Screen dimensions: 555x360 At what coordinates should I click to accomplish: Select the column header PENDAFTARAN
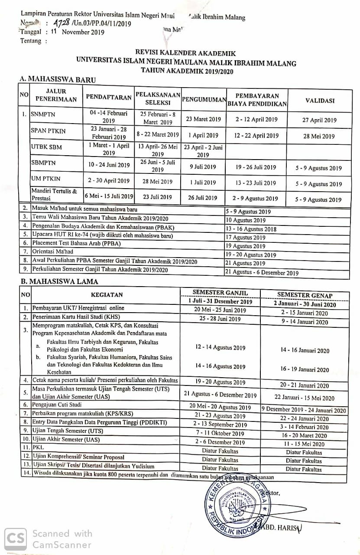coord(108,97)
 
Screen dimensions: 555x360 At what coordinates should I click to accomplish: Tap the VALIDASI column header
coord(320,101)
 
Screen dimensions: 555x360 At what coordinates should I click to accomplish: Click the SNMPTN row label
coord(43,115)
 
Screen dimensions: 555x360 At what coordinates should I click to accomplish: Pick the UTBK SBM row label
coord(46,147)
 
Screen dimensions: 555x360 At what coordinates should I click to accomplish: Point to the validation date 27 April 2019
coord(319,121)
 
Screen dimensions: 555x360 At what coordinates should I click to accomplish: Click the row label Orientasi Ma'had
coord(53,251)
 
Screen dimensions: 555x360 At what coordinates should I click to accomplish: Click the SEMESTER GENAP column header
coord(305,295)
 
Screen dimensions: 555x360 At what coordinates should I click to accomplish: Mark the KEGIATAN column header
coord(107,295)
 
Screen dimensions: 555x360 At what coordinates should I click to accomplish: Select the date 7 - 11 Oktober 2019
coord(220,433)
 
